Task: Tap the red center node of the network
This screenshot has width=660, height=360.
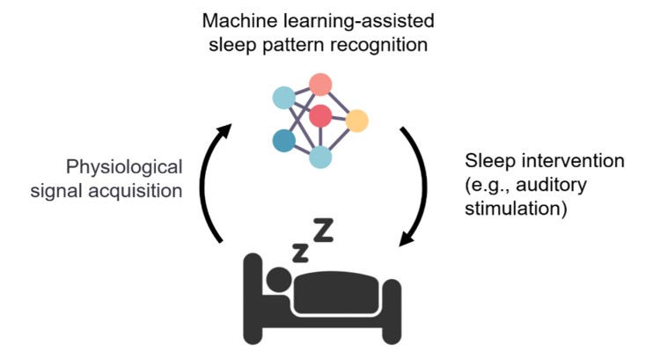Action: (x=320, y=114)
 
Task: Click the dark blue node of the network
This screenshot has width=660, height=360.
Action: (x=284, y=140)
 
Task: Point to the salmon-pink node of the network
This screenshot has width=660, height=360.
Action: (x=320, y=85)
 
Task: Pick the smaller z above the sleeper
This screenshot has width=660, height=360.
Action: (x=300, y=252)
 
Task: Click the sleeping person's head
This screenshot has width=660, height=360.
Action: (x=279, y=280)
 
